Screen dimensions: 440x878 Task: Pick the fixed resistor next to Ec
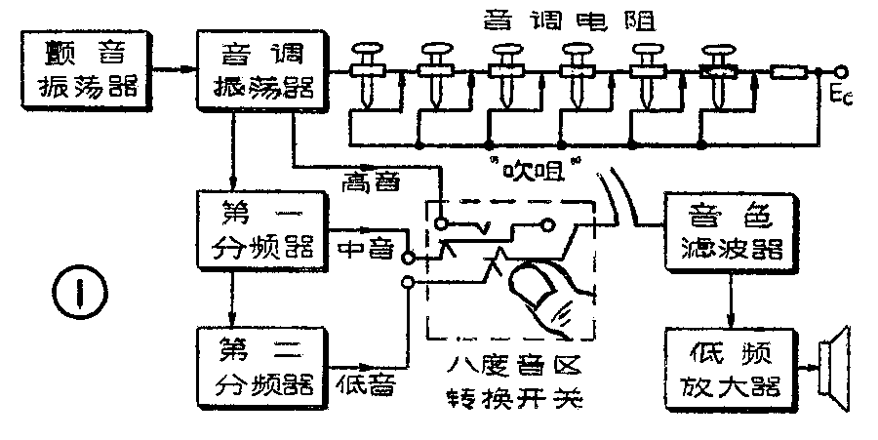tap(789, 70)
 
